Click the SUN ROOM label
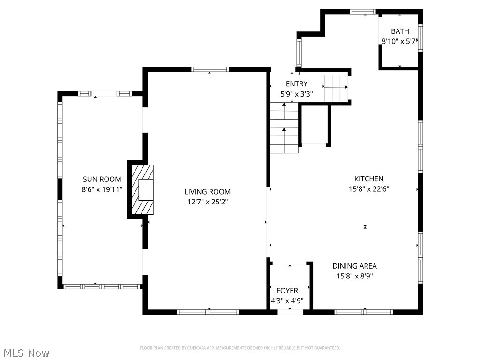point(102,179)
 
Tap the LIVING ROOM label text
point(207,192)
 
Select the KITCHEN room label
point(368,179)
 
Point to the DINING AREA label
point(354,266)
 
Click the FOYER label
point(287,291)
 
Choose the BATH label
point(400,31)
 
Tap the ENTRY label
point(297,84)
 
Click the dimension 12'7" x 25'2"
point(207,202)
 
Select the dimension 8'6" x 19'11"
point(102,189)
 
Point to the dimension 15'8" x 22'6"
point(368,189)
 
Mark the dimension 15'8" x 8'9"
point(354,276)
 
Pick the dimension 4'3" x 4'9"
point(287,301)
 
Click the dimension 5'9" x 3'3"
point(297,94)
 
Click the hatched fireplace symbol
point(142,189)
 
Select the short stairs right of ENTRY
point(336,87)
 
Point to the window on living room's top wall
point(210,69)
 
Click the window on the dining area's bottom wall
point(364,312)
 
